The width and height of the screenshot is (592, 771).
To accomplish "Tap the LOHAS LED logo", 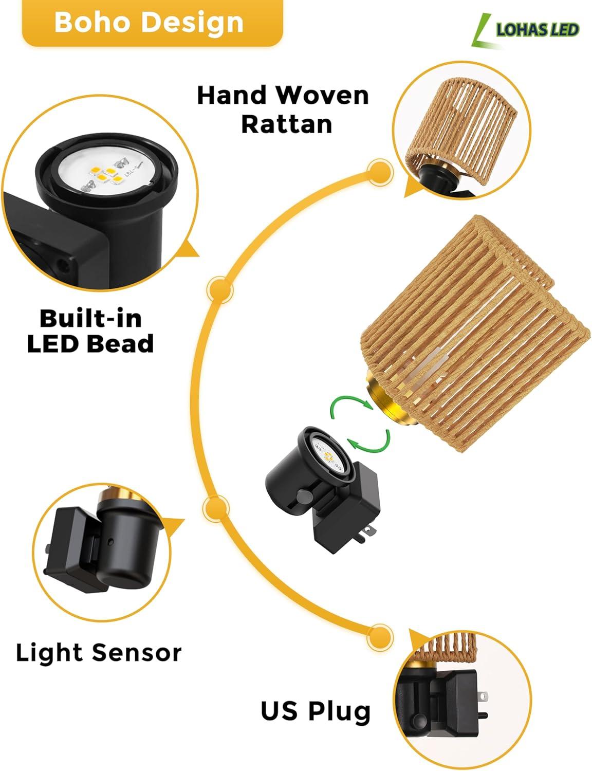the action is (525, 30).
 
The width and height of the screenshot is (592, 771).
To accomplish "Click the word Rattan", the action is (287, 124).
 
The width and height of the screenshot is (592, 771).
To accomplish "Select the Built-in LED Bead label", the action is (90, 331).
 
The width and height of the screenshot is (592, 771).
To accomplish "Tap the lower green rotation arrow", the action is (369, 440).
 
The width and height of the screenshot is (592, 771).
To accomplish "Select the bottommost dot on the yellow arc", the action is (380, 637).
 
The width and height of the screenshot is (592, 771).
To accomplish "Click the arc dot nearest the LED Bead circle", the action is (220, 290).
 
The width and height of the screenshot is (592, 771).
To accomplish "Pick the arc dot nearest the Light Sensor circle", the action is (216, 508).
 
